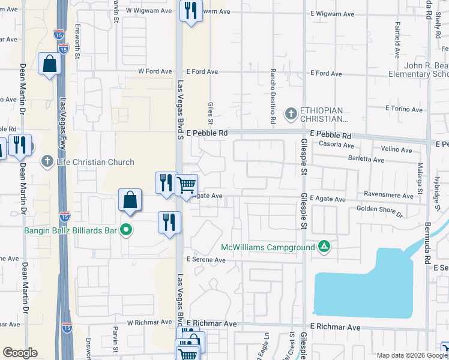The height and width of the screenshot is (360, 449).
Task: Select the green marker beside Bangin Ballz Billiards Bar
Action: pyautogui.click(x=125, y=229)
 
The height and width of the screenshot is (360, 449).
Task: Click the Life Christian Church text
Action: pyautogui.click(x=95, y=162)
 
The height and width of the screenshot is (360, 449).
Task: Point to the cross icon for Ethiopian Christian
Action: pyautogui.click(x=291, y=113)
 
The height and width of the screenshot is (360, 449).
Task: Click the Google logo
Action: pyautogui.click(x=20, y=353)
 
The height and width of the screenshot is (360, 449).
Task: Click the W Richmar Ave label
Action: pyautogui.click(x=149, y=322)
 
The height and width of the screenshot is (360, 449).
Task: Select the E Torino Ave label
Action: pyautogui.click(x=403, y=109)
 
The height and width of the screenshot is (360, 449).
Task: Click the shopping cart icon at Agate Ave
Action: pyautogui.click(x=187, y=185)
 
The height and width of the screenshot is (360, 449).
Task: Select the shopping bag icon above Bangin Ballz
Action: pyautogui.click(x=130, y=200)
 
